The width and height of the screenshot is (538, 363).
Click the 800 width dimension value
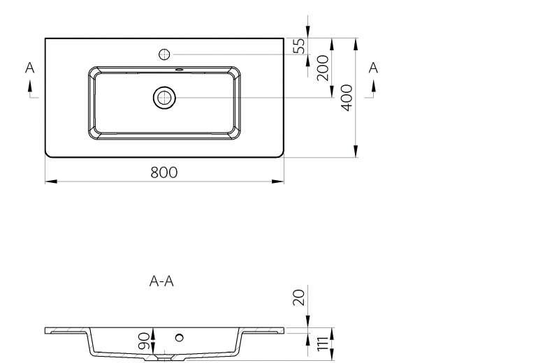coord(164,172)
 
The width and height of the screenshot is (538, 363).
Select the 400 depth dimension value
coord(347,98)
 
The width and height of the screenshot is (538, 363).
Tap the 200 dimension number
coord(323,68)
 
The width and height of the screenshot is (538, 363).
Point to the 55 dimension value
coord(299,46)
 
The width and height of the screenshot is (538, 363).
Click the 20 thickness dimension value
coord(299,297)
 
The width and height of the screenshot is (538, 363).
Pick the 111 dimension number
coord(323,344)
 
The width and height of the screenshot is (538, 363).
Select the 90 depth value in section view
coord(144,341)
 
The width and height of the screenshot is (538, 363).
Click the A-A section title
coord(161,281)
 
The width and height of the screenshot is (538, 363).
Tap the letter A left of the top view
coord(30,68)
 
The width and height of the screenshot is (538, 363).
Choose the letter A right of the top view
coord(373,68)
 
